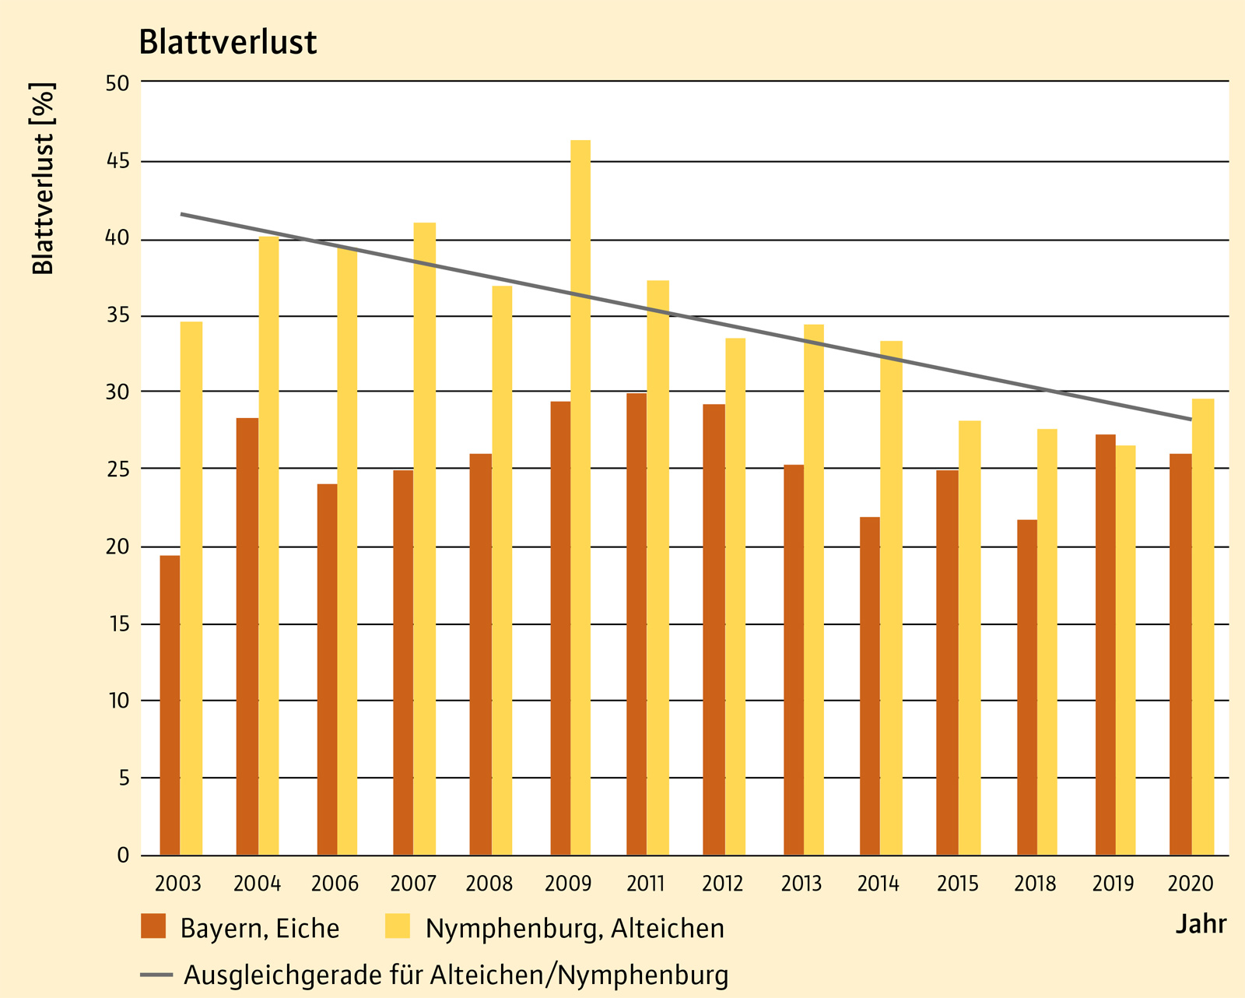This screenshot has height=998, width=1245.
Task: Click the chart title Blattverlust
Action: (228, 43)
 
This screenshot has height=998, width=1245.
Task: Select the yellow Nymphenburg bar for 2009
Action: (580, 498)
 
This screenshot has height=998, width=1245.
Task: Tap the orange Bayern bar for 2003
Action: (170, 705)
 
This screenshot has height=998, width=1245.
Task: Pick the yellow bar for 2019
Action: (1125, 650)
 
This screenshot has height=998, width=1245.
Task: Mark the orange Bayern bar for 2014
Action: (870, 686)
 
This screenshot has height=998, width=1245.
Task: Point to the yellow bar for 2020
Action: (1203, 627)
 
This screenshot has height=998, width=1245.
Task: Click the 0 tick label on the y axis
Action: (123, 856)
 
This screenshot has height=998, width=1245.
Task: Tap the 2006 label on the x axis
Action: (335, 884)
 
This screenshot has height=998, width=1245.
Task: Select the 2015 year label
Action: (958, 884)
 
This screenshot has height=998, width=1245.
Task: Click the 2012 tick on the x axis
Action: (723, 884)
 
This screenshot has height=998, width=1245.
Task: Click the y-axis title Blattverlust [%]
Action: (44, 178)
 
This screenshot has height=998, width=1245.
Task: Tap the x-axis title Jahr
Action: (1201, 924)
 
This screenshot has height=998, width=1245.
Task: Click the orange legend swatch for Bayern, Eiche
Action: (153, 926)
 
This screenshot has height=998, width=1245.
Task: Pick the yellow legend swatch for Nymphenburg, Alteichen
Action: (398, 926)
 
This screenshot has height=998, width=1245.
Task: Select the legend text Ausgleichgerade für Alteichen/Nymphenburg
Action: (456, 975)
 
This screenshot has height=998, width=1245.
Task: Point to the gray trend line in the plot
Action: (685, 315)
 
